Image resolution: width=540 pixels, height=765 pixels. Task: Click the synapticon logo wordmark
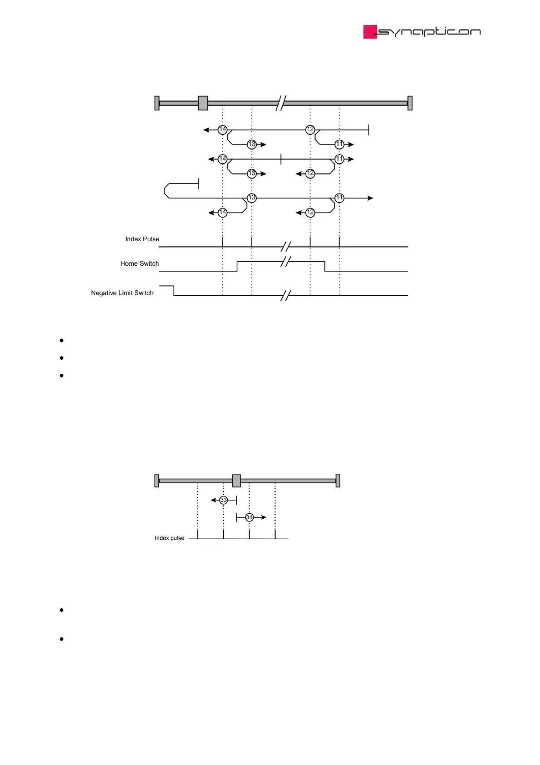(429, 32)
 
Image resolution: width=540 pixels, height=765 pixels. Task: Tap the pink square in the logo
(370, 32)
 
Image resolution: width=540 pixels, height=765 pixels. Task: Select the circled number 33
(223, 500)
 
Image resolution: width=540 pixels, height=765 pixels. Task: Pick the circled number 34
(249, 517)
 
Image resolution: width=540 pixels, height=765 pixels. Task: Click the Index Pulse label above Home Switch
(142, 239)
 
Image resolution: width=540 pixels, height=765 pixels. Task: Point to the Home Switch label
(139, 263)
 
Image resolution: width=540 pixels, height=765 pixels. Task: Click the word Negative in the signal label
(104, 293)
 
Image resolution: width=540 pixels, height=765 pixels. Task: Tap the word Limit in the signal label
(126, 293)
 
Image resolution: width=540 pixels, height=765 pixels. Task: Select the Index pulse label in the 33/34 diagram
(169, 538)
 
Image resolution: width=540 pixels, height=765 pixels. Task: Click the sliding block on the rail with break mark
(203, 103)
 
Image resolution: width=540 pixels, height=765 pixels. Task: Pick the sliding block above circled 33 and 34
(236, 481)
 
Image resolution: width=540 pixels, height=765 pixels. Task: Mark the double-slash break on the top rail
(281, 103)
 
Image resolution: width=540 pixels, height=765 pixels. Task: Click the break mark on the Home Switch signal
(285, 262)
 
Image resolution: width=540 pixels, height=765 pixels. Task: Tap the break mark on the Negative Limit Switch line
(285, 296)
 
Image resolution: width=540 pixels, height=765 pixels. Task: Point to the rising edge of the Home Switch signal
(237, 266)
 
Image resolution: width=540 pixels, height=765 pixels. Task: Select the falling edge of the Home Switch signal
(325, 266)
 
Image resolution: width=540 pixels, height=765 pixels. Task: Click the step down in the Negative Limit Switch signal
(174, 291)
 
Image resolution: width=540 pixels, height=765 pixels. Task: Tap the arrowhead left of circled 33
(213, 500)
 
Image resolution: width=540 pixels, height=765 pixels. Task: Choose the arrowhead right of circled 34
(264, 517)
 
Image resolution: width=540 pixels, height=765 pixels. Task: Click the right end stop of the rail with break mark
(410, 103)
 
